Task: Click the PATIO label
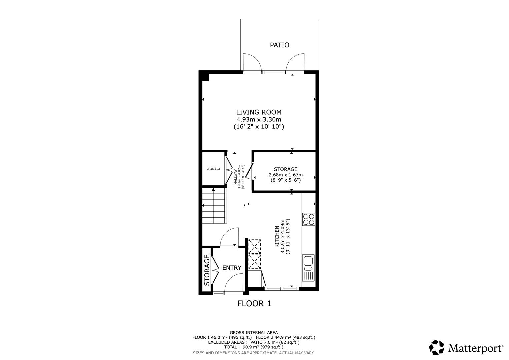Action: pyautogui.click(x=279, y=45)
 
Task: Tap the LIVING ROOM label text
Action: pyautogui.click(x=259, y=112)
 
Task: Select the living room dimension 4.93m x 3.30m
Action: pyautogui.click(x=259, y=120)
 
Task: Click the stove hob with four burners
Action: pyautogui.click(x=308, y=219)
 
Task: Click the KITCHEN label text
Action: pyautogui.click(x=277, y=237)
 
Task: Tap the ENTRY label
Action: pyautogui.click(x=232, y=268)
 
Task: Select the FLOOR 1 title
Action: pyautogui.click(x=254, y=304)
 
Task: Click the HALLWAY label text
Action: pyautogui.click(x=236, y=177)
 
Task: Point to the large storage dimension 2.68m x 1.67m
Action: pyautogui.click(x=286, y=175)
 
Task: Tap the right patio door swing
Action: pyautogui.click(x=295, y=62)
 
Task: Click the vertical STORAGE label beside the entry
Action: pyautogui.click(x=207, y=270)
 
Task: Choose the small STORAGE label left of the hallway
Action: pyautogui.click(x=213, y=169)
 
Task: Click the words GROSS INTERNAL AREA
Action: pyautogui.click(x=254, y=332)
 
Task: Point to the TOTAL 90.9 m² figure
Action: pyautogui.click(x=254, y=347)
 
